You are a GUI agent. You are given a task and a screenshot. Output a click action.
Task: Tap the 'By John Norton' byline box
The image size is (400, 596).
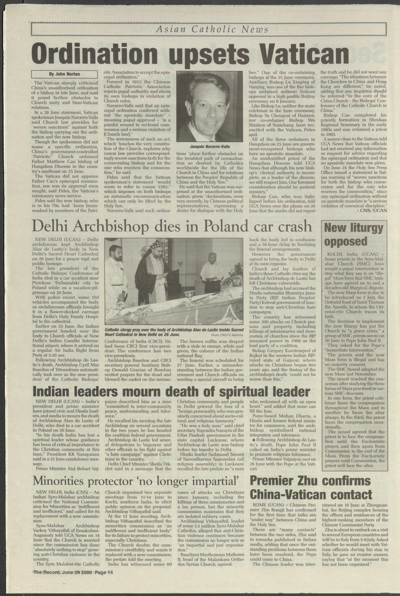click(x=64, y=74)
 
